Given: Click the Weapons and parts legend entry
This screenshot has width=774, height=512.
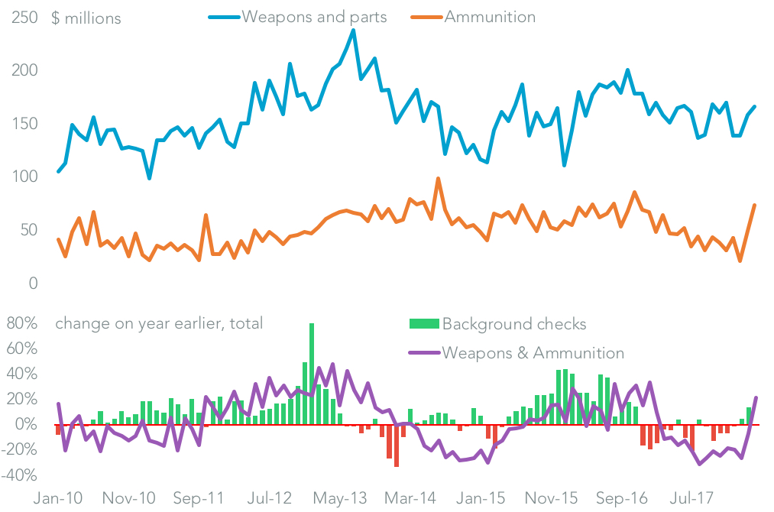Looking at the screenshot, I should pos(314,17).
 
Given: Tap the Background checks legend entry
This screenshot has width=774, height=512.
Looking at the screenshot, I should pos(514,324).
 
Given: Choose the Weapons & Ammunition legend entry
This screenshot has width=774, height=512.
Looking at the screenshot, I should pos(533,353).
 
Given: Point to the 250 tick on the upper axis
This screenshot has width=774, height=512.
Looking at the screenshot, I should pos(24,18).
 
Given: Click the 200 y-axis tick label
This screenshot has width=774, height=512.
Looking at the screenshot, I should pos(24,71).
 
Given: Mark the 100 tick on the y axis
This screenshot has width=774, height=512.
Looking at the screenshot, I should pos(24,177).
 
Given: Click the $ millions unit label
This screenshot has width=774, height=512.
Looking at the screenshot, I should pos(86,18).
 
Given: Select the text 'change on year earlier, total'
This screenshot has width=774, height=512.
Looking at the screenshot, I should pos(159,323).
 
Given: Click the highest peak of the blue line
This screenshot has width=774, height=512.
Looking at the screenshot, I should pos(353,31).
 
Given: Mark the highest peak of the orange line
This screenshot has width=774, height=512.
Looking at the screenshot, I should pos(438,179).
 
